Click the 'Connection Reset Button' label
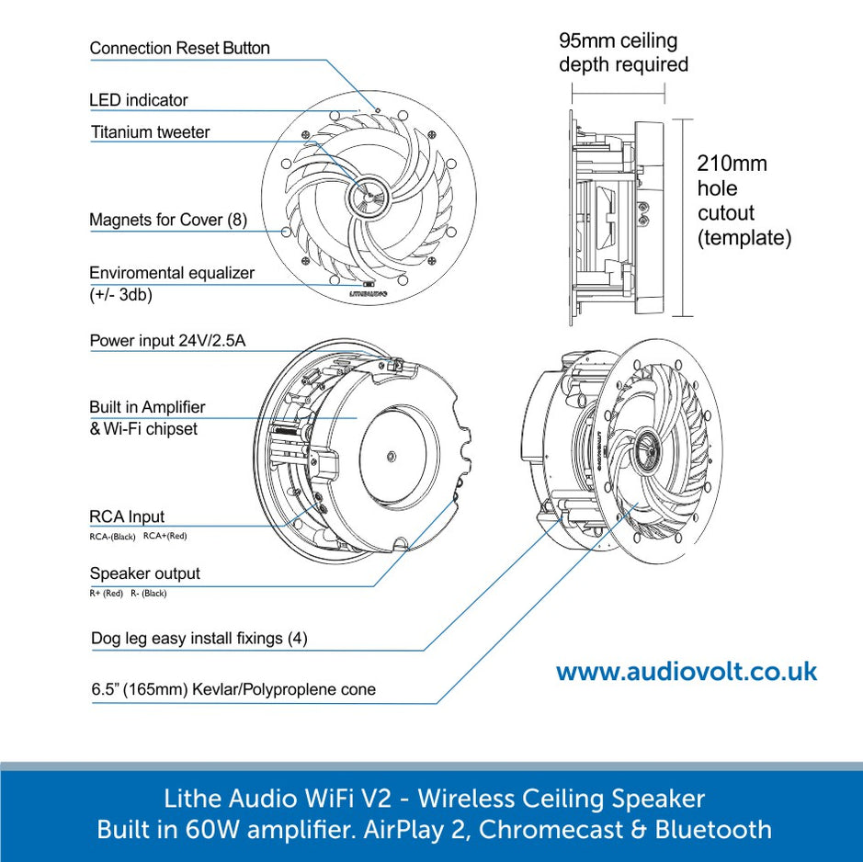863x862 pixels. point(179,48)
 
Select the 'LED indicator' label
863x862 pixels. point(138,100)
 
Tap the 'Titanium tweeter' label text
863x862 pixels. point(150,132)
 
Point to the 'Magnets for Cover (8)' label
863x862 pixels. point(167,221)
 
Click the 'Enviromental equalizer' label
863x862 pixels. point(171,273)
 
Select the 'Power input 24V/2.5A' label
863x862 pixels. point(167,341)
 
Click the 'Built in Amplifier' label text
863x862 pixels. point(147,407)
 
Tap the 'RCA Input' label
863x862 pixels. point(127,516)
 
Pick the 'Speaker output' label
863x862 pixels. point(144,573)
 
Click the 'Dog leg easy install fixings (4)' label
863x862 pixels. point(199,638)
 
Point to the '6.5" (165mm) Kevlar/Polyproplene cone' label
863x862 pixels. point(233,689)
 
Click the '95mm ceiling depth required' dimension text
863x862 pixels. point(622,52)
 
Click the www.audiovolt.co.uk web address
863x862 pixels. point(686,672)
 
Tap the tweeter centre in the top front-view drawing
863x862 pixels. point(367,196)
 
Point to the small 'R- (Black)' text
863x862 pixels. point(149,593)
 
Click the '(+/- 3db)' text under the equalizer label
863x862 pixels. point(120,295)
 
